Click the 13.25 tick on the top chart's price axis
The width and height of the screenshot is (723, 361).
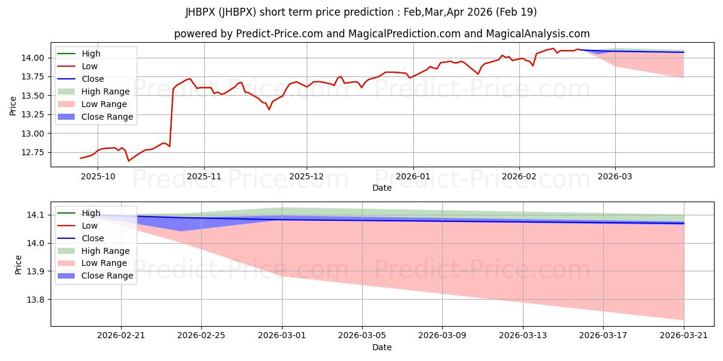(33, 114)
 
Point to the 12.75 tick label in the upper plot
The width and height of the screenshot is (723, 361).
(33, 152)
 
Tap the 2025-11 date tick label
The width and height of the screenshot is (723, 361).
(204, 177)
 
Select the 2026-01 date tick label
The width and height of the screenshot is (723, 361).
(413, 177)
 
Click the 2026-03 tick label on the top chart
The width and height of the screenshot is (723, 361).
(615, 177)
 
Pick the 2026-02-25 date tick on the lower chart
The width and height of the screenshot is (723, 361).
(201, 336)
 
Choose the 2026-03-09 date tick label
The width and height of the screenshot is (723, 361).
(442, 336)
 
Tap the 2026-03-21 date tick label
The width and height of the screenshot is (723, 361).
(684, 336)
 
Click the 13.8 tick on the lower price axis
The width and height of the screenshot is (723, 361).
(35, 300)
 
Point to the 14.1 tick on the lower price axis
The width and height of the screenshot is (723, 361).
(35, 215)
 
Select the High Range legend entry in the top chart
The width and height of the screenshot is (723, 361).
(93, 91)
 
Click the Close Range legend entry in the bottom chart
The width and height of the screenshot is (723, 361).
(95, 276)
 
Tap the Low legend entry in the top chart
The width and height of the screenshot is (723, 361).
(78, 66)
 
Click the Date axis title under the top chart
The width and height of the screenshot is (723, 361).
(382, 188)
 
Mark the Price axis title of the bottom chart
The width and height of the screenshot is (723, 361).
(18, 265)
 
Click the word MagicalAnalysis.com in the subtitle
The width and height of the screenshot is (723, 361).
(537, 34)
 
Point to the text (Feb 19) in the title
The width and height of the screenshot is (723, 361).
(516, 12)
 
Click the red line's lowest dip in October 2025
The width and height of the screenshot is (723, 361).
(128, 161)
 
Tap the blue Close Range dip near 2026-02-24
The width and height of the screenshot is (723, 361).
(181, 231)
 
